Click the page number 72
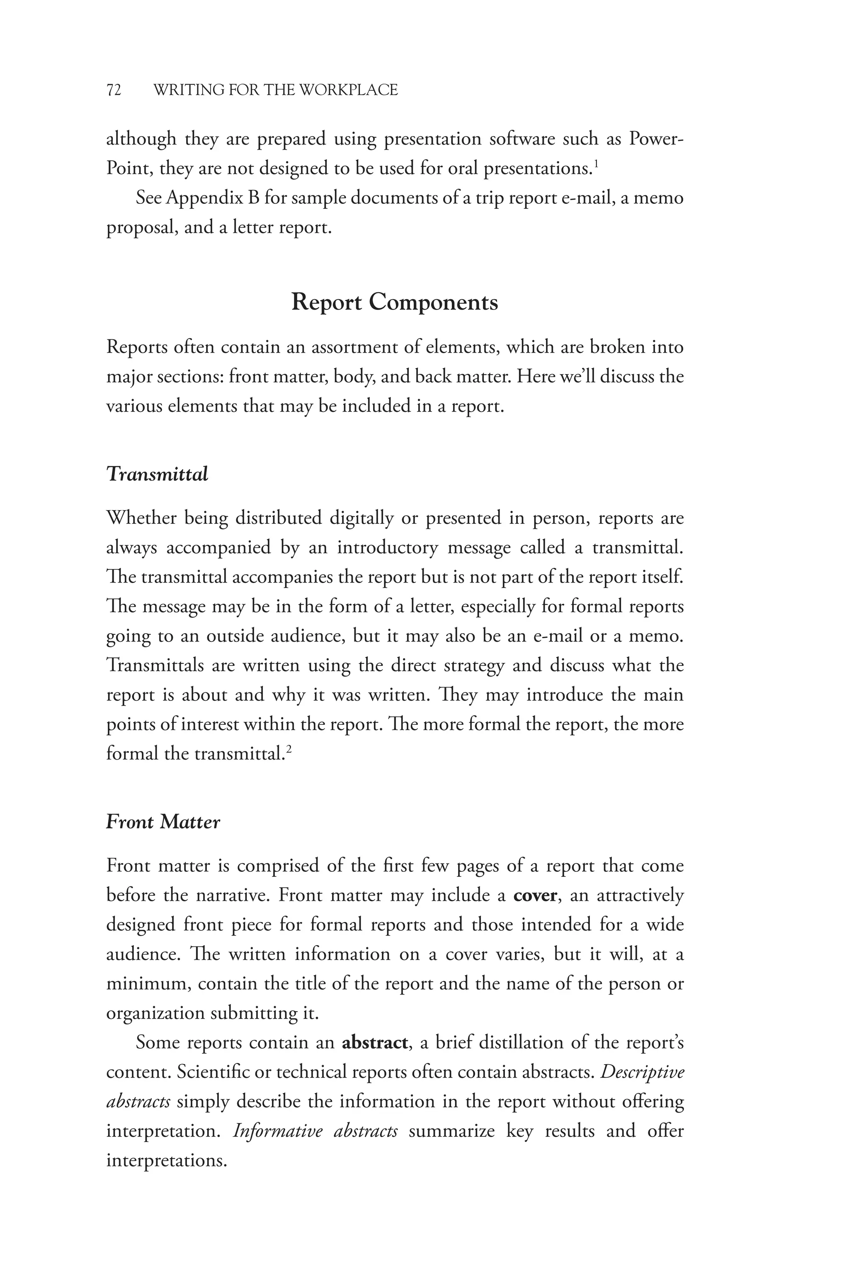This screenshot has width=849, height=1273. pos(114,90)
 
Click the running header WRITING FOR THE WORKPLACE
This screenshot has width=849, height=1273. pos(276,90)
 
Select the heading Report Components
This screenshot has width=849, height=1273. pos(395,302)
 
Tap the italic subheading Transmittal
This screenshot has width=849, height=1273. pos(157,474)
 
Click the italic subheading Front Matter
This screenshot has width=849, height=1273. pos(163,822)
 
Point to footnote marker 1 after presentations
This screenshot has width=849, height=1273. pos(596,163)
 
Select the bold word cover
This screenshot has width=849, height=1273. pos(535,895)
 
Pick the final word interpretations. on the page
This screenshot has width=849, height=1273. pos(166,1160)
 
